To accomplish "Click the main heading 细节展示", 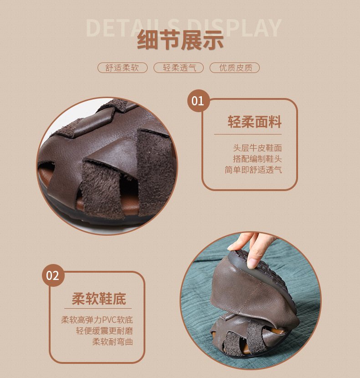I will click(x=180, y=40).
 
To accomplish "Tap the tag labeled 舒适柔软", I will click(x=122, y=68).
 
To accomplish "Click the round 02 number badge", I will click(x=53, y=275).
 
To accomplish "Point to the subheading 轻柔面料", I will click(x=254, y=122).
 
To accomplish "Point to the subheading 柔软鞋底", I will click(x=98, y=299).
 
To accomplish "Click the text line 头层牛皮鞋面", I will click(x=257, y=148).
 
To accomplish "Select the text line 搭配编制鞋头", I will click(x=257, y=159).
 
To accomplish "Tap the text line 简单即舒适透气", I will click(x=253, y=170).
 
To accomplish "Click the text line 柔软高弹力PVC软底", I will click(x=97, y=320).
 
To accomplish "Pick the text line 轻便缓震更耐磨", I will click(x=104, y=331).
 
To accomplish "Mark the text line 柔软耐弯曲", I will click(x=113, y=342).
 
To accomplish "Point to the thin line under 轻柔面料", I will click(x=248, y=134).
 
